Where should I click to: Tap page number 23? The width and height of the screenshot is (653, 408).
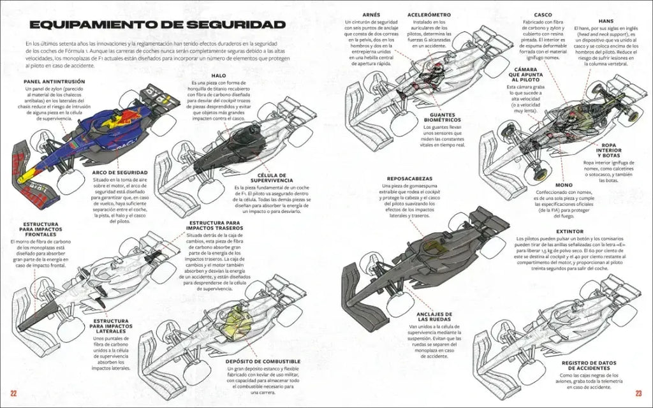641,391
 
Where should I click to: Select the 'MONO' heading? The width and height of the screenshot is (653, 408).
563,185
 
